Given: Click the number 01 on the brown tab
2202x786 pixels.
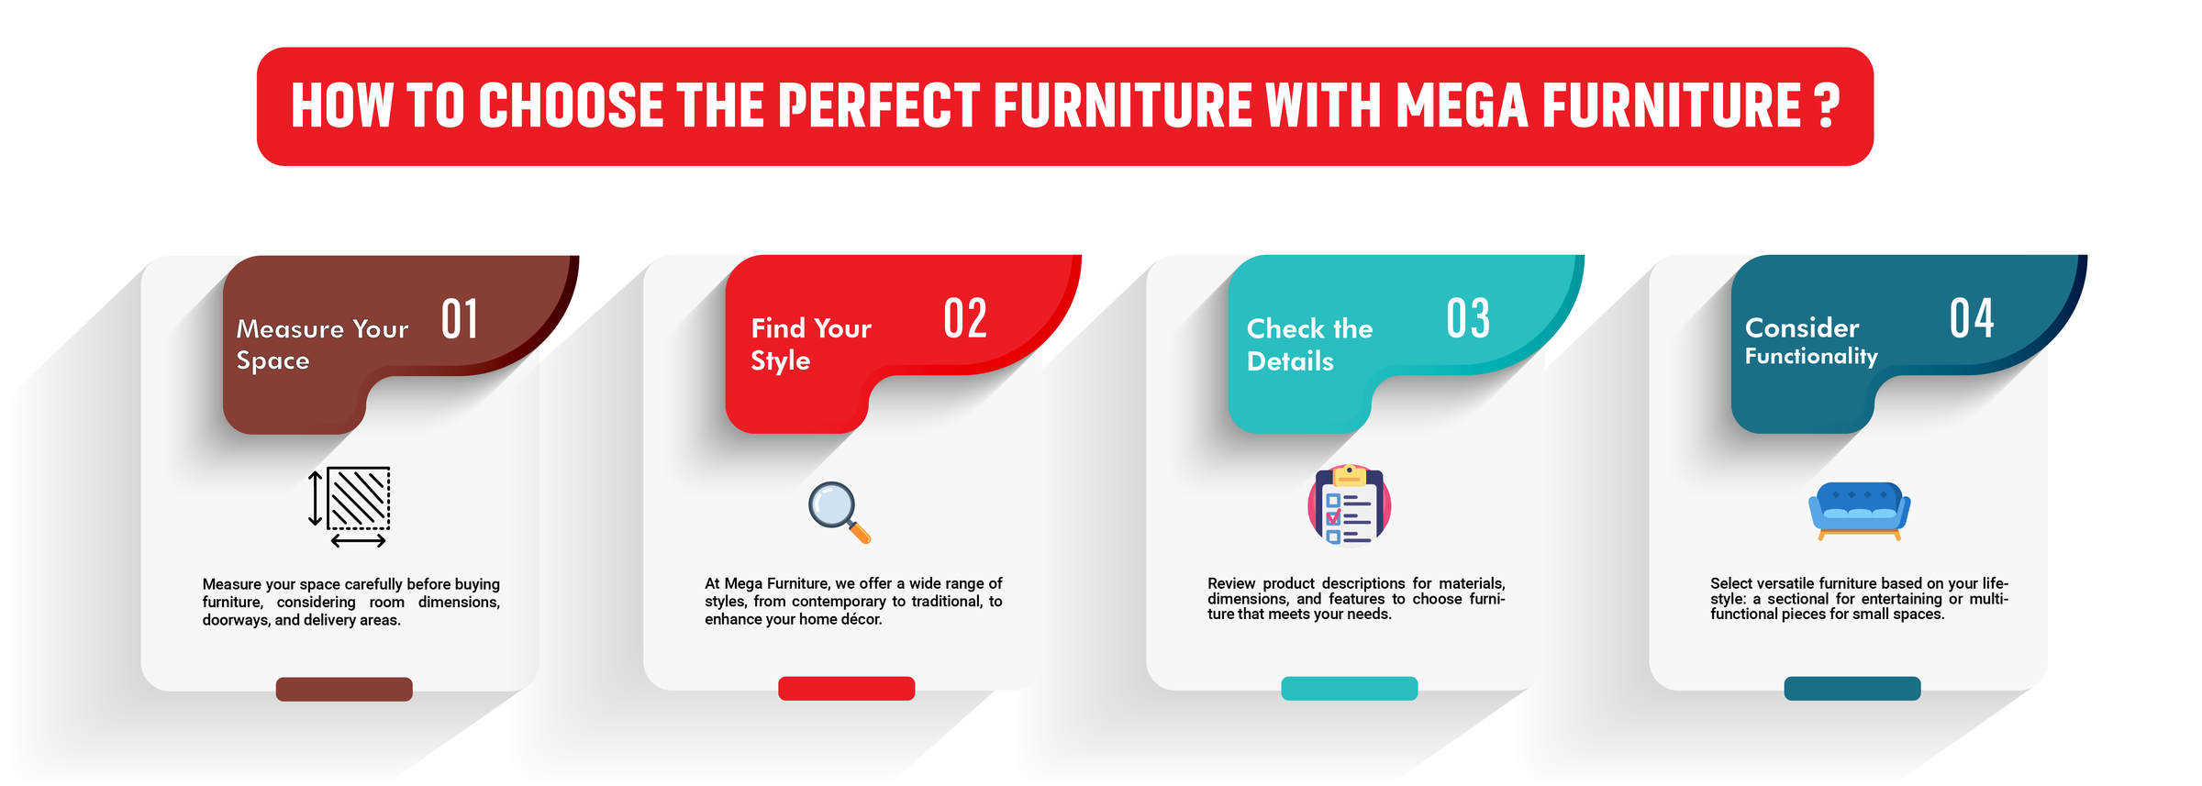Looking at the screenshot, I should click(x=460, y=319).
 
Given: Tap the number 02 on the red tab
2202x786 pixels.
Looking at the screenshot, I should click(x=964, y=318).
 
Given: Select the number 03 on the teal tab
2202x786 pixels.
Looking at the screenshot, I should click(x=1468, y=318).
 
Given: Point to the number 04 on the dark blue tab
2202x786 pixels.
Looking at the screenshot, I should click(x=1972, y=318).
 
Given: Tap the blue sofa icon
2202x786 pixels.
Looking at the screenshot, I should click(x=1859, y=510).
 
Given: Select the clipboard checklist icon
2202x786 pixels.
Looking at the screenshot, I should click(x=1349, y=504).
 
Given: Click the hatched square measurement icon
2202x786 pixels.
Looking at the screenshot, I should click(x=351, y=505).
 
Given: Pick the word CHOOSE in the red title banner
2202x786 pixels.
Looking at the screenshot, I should click(x=570, y=105).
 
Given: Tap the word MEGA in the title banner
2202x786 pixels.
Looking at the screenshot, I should click(x=1462, y=105).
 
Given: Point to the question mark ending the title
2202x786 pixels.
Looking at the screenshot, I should click(x=1827, y=105).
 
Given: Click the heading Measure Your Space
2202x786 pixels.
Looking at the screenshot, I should click(x=321, y=344).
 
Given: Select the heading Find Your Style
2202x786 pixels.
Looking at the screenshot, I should click(x=810, y=344).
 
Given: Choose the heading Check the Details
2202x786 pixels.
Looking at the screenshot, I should click(x=1309, y=344).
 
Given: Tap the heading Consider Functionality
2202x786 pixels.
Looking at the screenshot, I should click(x=1810, y=341).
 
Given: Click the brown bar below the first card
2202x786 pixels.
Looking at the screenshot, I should click(x=344, y=689).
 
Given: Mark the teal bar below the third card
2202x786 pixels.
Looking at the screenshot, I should click(x=1349, y=688).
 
